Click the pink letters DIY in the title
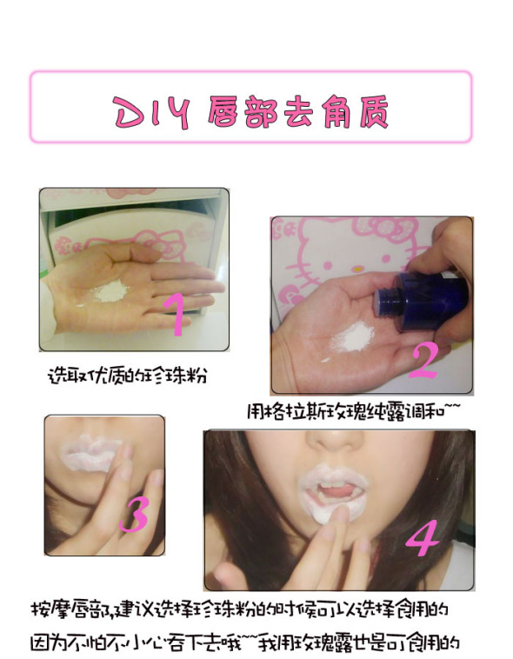pyautogui.click(x=153, y=112)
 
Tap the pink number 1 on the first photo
pyautogui.click(x=176, y=314)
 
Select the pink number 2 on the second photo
pyautogui.click(x=424, y=362)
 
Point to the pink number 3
pyautogui.click(x=134, y=514)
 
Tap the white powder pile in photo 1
pyautogui.click(x=111, y=291)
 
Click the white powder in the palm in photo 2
pyautogui.click(x=352, y=337)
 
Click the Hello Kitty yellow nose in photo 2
pyautogui.click(x=356, y=268)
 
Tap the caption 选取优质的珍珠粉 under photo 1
pyautogui.click(x=128, y=375)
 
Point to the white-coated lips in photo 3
pyautogui.click(x=90, y=454)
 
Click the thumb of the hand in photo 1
pyautogui.click(x=135, y=251)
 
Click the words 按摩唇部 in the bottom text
pyautogui.click(x=71, y=609)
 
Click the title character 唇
pyautogui.click(x=224, y=112)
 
